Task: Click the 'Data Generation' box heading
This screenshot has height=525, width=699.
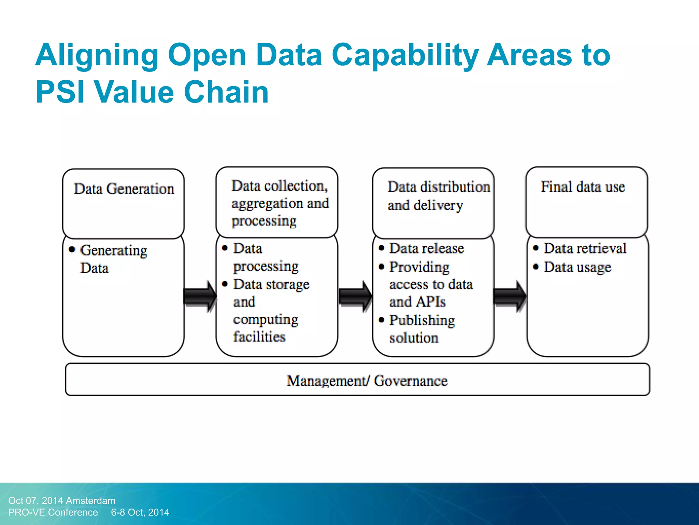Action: click(124, 189)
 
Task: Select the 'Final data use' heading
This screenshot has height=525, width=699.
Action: click(583, 187)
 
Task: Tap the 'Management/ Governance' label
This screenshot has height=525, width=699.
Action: click(367, 381)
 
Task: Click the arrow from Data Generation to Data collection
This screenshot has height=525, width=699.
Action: click(200, 296)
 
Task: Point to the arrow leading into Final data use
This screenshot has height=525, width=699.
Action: click(510, 296)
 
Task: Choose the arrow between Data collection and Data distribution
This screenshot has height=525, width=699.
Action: click(355, 296)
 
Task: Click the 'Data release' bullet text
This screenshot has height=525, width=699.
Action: click(427, 248)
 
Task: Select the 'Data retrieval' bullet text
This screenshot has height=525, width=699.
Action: click(585, 248)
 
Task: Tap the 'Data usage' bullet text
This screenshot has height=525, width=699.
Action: click(577, 267)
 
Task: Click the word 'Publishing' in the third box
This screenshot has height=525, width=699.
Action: click(422, 321)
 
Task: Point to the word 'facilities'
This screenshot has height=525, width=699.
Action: click(259, 337)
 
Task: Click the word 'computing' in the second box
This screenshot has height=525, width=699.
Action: click(266, 320)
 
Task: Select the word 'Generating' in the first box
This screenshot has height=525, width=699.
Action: click(114, 251)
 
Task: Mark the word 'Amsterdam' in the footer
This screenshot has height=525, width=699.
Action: click(90, 501)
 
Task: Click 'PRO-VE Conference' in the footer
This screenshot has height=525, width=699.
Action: click(53, 512)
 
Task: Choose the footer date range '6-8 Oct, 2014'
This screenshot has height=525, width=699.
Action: click(140, 512)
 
